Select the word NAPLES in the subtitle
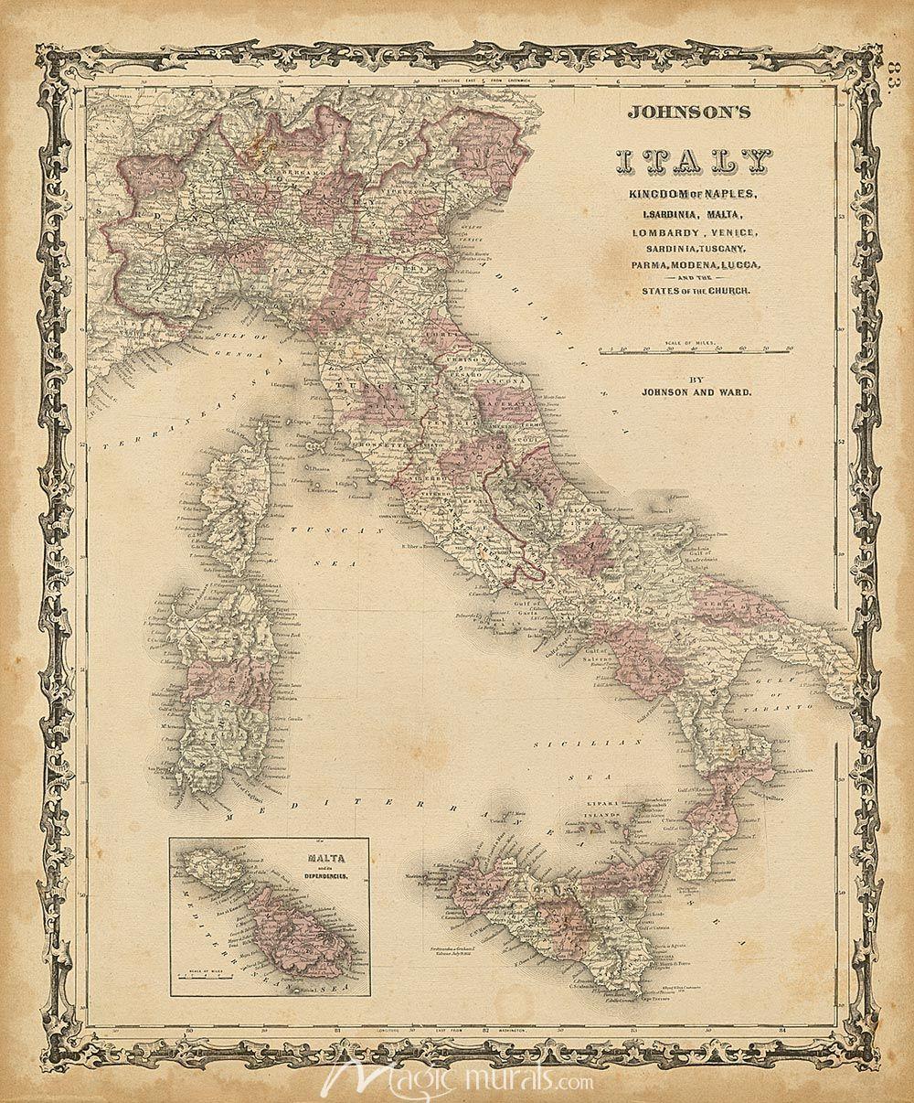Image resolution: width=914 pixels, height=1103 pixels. pyautogui.click(x=720, y=196)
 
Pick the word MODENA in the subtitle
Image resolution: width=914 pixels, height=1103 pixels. pyautogui.click(x=691, y=265)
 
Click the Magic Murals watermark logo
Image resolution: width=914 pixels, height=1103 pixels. pyautogui.click(x=457, y=1080)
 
